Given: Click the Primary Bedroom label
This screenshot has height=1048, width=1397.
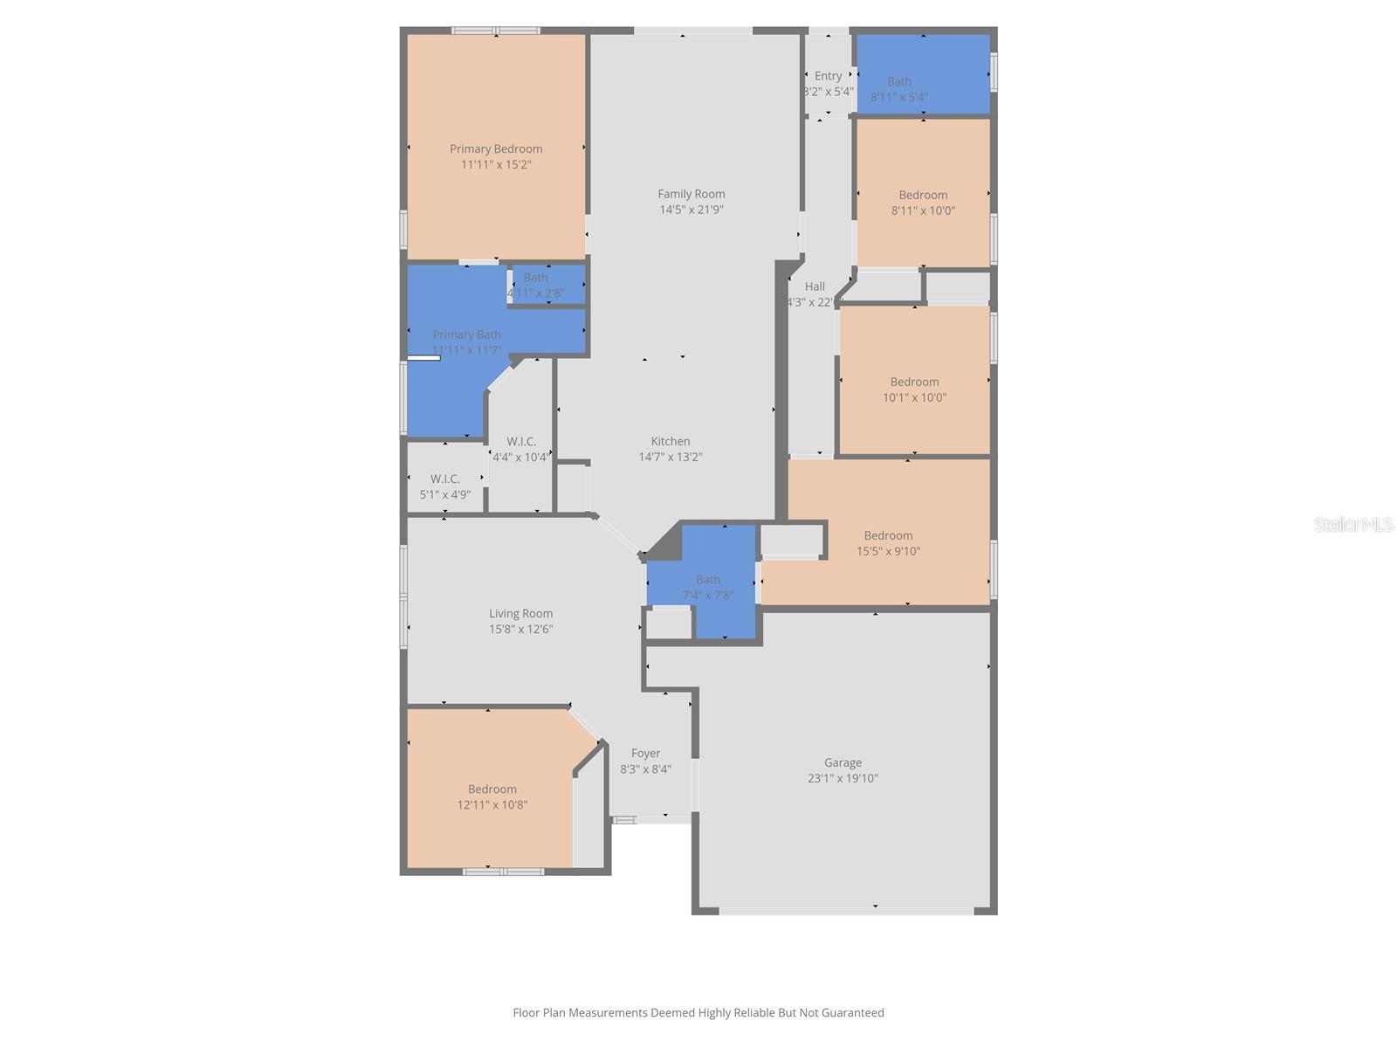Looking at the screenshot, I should pos(496,149).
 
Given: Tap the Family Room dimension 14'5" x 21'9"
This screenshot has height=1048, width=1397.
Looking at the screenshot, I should pos(691,210).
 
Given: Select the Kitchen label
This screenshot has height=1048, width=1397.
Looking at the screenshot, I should pos(670,442).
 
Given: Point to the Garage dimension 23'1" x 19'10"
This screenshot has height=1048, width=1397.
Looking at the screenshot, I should pos(843,778).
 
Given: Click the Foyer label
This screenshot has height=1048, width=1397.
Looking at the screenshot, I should pos(645,754).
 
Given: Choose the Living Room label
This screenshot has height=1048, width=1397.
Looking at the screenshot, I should pos(520,614).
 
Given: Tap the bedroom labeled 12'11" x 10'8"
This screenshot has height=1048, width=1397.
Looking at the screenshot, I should pos(492,796).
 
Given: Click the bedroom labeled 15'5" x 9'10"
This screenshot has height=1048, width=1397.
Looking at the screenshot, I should pos(888,543).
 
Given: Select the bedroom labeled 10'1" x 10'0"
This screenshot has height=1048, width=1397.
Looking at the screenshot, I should pos(914,390).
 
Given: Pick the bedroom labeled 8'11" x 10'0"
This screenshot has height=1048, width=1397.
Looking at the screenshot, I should pos(923,203).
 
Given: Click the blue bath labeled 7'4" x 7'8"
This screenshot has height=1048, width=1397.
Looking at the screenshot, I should pos(707,587).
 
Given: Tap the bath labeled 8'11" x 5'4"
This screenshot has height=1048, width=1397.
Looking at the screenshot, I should pos(899,89).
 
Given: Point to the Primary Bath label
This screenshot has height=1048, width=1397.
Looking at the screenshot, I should pos(466,335).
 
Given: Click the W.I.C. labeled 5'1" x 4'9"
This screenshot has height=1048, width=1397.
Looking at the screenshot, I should pos(444,486).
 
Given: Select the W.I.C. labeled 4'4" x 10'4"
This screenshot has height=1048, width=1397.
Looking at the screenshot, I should pos(520,449).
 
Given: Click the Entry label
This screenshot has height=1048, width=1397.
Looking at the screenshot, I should pos(828,76).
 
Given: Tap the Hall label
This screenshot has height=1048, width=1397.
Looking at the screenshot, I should pos(815,286).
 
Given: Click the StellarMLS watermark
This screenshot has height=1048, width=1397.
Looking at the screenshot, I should pos(1353,524).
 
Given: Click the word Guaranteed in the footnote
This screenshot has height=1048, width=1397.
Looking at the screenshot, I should pos(849,1013).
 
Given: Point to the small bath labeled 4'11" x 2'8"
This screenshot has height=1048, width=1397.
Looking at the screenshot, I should pos(536,286).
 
